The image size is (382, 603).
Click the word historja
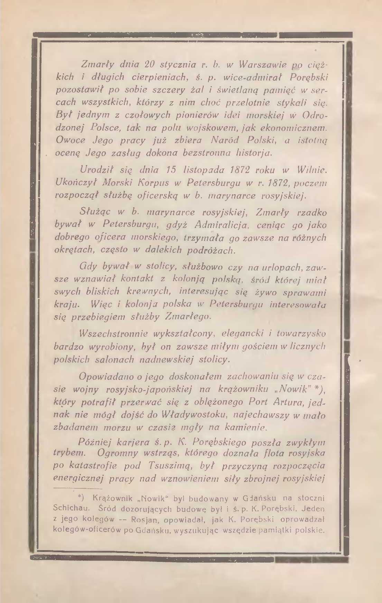click(254, 152)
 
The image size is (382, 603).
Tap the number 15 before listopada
click(171, 170)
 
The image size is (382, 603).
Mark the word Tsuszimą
click(171, 466)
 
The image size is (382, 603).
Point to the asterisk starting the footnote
click(80, 498)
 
